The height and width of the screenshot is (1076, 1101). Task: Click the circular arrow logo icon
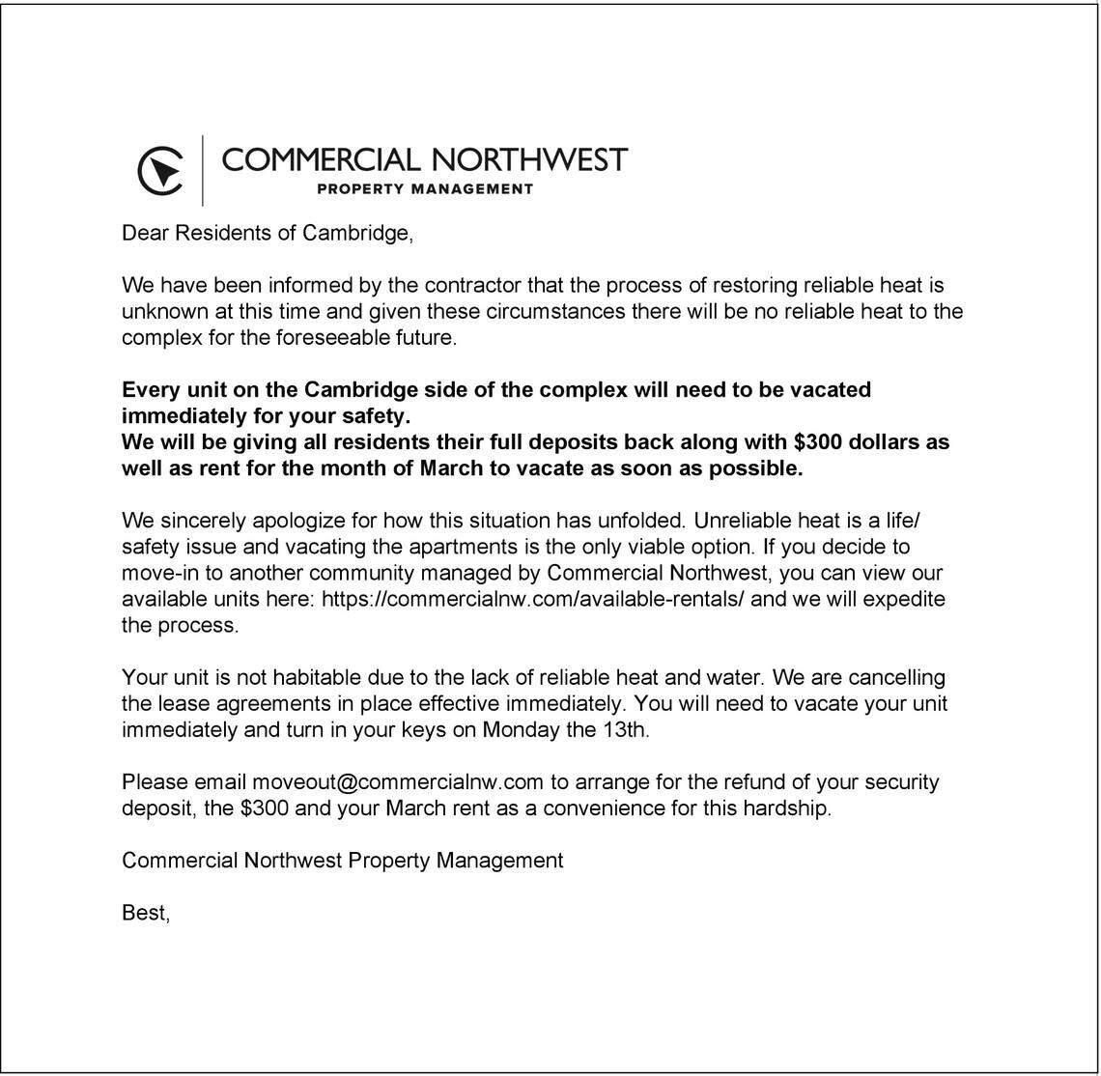point(160,171)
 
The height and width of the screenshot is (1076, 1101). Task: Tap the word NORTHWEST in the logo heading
point(528,159)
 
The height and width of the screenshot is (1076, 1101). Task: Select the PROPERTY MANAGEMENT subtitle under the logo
point(425,189)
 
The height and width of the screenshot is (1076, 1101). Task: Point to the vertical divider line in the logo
point(203,170)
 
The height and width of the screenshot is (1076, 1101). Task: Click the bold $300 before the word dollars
point(817,442)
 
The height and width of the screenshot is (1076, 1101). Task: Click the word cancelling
point(895,677)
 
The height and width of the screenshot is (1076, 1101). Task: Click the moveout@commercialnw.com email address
point(398,781)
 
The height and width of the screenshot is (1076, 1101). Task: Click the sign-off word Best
point(144,912)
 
